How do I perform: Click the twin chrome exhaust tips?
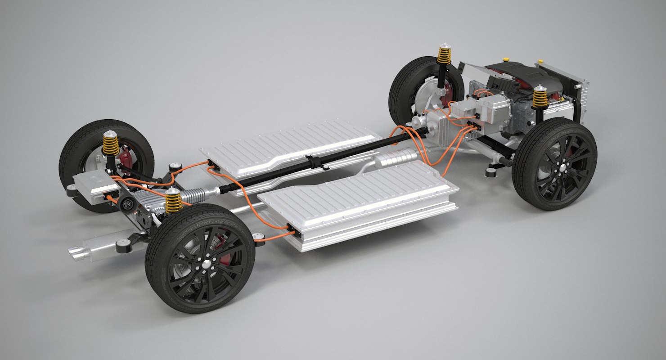coord(76,252)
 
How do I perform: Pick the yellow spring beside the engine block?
coord(540,97)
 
